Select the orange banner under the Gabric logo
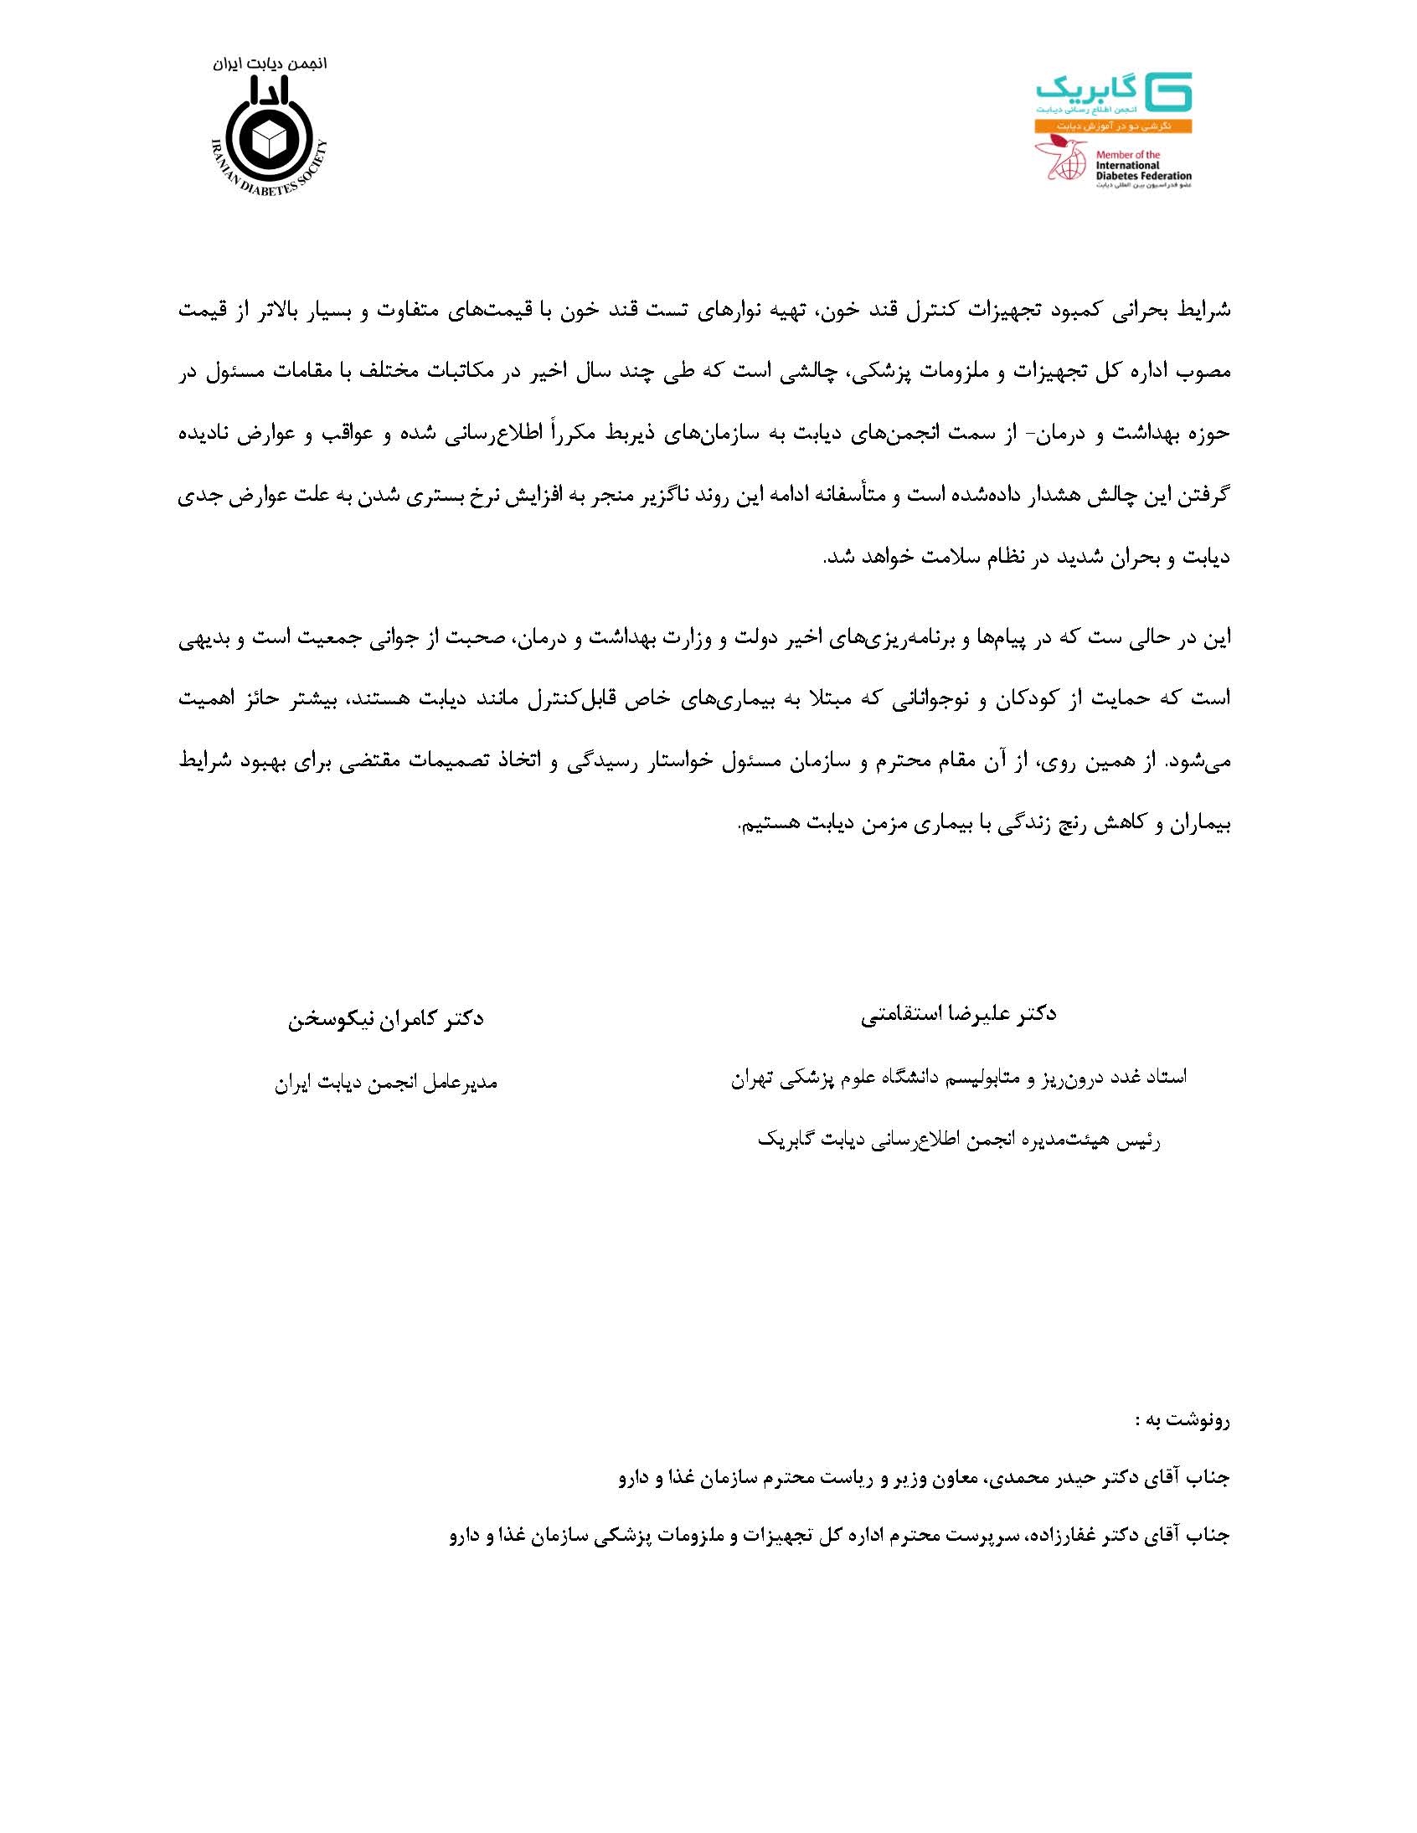[x=1113, y=125]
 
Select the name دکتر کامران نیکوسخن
[x=386, y=1020]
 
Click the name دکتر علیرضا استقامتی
[x=958, y=1015]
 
